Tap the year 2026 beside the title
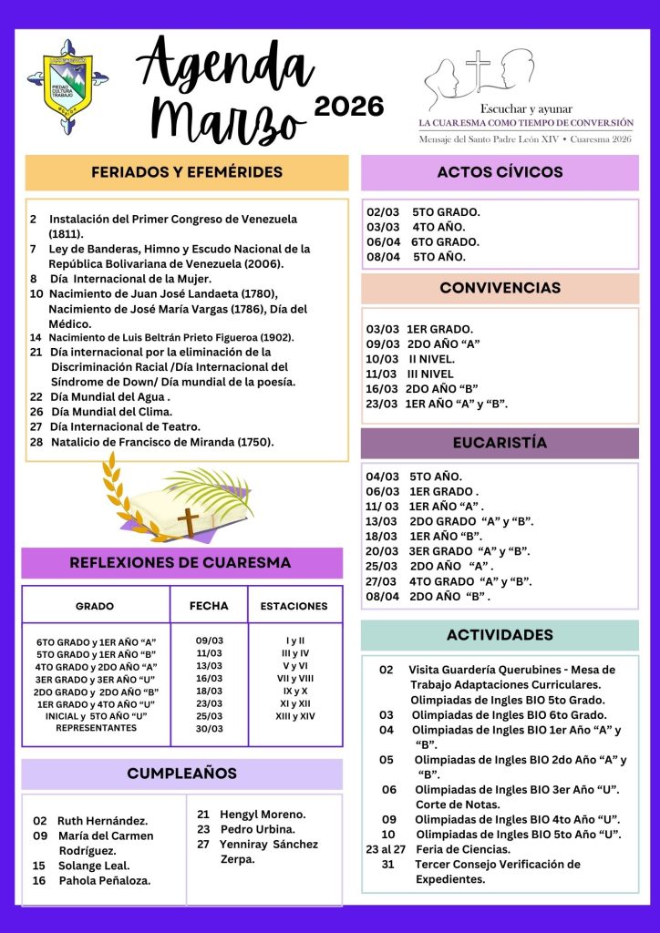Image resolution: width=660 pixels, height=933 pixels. click(x=348, y=107)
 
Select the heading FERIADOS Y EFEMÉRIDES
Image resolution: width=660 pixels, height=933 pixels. click(x=187, y=172)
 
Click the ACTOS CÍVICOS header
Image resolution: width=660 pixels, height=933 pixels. click(x=500, y=172)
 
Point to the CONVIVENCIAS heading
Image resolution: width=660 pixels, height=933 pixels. click(x=500, y=288)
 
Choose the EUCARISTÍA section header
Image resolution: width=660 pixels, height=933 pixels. click(x=500, y=443)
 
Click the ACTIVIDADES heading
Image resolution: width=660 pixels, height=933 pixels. click(x=500, y=635)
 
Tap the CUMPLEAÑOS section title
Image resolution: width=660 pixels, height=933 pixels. click(x=181, y=774)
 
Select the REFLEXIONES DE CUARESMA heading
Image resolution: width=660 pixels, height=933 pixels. click(x=180, y=563)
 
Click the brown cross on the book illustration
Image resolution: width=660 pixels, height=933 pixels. click(x=188, y=522)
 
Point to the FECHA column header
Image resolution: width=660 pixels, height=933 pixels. click(x=208, y=605)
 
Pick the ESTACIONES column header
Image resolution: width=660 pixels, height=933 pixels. click(x=294, y=606)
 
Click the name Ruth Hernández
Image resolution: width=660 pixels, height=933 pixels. click(x=102, y=821)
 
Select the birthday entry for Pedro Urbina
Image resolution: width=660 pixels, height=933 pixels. click(x=257, y=829)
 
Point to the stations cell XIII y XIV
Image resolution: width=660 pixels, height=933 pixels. click(x=294, y=716)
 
